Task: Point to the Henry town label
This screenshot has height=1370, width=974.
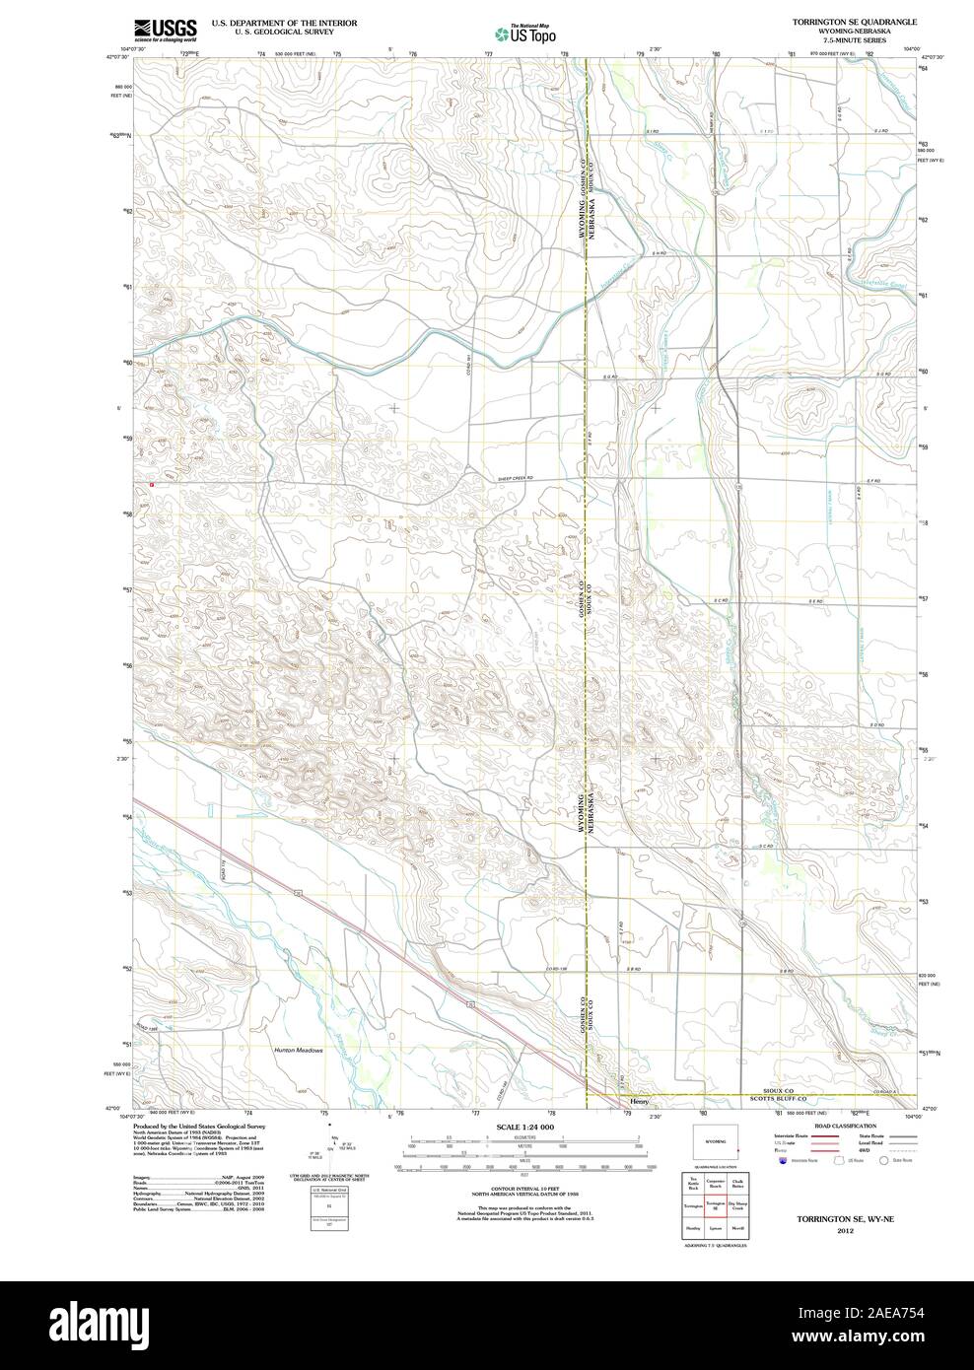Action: point(641,1102)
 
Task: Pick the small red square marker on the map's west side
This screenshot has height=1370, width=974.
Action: point(152,485)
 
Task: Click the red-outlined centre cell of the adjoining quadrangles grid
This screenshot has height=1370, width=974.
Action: point(715,1205)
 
